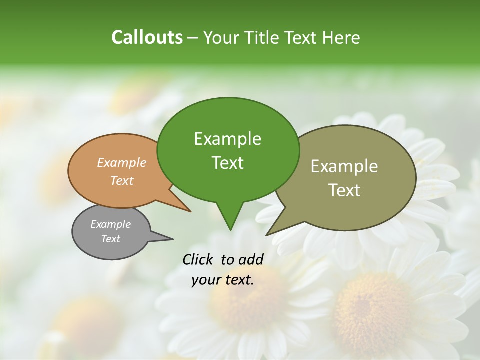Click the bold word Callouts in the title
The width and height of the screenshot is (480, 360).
click(147, 37)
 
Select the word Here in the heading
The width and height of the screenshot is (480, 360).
click(341, 37)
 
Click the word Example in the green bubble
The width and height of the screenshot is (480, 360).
click(227, 139)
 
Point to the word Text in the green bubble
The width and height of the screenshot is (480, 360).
click(227, 163)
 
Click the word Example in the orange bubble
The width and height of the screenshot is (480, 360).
click(122, 163)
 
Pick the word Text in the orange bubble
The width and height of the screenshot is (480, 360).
click(122, 180)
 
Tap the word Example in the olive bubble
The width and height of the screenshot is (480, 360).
click(344, 166)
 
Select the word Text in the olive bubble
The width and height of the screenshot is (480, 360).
click(344, 190)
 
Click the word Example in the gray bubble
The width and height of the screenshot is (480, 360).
click(110, 224)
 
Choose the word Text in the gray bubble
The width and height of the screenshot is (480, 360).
click(110, 239)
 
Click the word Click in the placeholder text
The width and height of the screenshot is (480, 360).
click(198, 259)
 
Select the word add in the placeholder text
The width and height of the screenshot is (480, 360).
click(251, 259)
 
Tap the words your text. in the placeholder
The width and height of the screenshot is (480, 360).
click(223, 280)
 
